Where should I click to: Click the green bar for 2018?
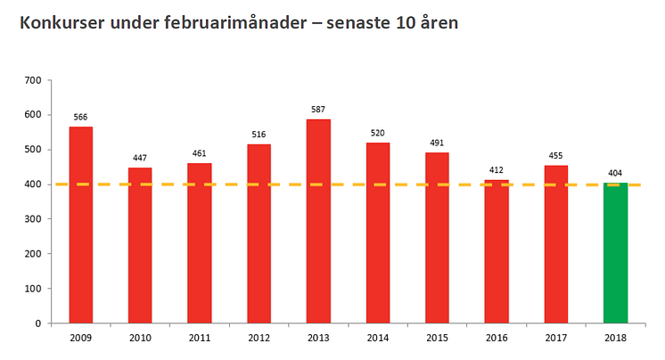615,253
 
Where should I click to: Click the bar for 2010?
140,245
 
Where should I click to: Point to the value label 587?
318,110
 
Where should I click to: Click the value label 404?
615,173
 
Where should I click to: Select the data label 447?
140,158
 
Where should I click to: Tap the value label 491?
437,143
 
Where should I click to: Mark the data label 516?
259,135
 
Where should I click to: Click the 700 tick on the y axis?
34,80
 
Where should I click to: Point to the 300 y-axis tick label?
34,219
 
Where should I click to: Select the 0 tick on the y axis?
39,323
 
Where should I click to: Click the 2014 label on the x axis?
378,339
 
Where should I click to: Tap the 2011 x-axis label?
200,339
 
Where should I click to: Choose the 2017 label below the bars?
556,339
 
